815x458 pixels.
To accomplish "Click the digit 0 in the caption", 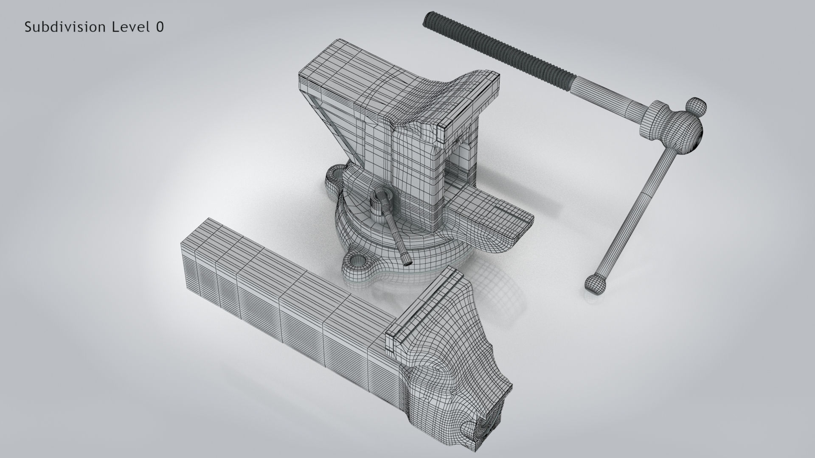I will coord(160,27).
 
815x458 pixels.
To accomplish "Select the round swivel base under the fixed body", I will coord(407,250).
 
